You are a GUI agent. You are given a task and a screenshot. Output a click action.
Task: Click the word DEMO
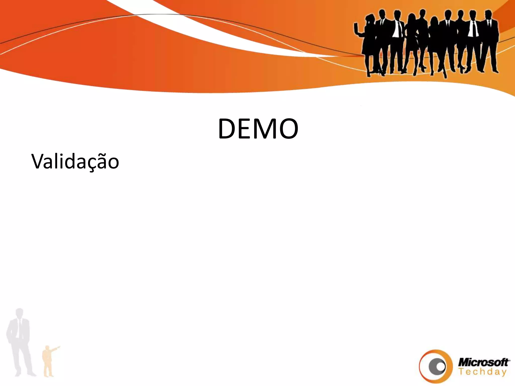258,129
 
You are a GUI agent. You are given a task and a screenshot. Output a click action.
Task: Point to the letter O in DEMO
288,129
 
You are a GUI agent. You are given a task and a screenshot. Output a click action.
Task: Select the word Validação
75,161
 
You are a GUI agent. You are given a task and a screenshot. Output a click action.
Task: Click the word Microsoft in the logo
483,362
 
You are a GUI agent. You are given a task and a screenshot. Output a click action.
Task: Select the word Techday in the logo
482,372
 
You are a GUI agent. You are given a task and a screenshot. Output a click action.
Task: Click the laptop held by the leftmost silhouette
356,28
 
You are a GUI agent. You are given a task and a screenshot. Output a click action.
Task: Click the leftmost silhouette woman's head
371,19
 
